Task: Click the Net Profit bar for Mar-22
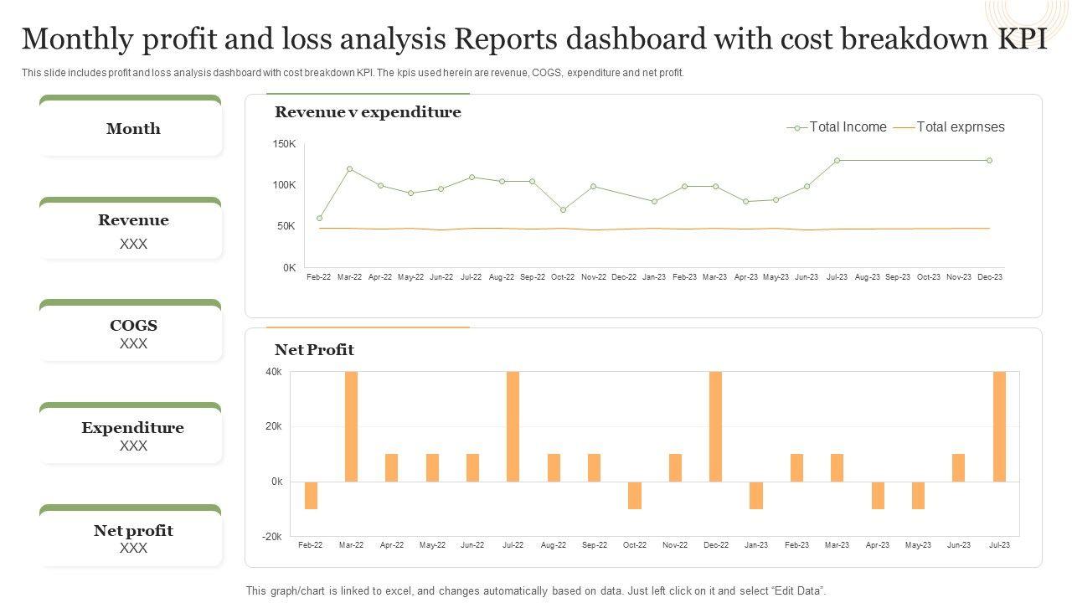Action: pyautogui.click(x=351, y=426)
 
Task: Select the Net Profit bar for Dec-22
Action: pyautogui.click(x=715, y=426)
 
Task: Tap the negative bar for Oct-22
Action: pyautogui.click(x=635, y=495)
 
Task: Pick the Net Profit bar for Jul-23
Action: pyautogui.click(x=999, y=426)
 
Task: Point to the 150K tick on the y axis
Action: pyautogui.click(x=285, y=144)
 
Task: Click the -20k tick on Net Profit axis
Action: pyautogui.click(x=274, y=536)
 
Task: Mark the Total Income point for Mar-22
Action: pyautogui.click(x=350, y=169)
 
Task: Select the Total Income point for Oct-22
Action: pyautogui.click(x=563, y=209)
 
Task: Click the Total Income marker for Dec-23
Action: pyautogui.click(x=989, y=160)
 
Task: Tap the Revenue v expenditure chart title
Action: pyautogui.click(x=368, y=112)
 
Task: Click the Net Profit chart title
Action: pyautogui.click(x=314, y=350)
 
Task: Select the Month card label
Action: pyautogui.click(x=133, y=129)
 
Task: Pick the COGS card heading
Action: pyautogui.click(x=133, y=326)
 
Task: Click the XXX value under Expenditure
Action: pyautogui.click(x=133, y=446)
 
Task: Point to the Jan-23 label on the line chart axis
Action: pyautogui.click(x=654, y=277)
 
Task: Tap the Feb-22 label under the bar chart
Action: pyautogui.click(x=310, y=545)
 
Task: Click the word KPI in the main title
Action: pyautogui.click(x=1018, y=39)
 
